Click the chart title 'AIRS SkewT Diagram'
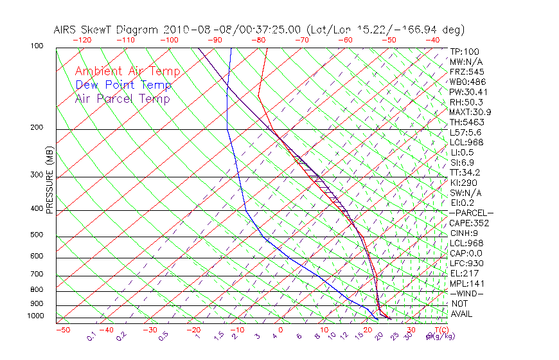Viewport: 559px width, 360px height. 107,30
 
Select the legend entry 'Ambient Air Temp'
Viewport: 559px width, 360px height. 127,72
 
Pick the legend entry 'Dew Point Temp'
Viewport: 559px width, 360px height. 123,85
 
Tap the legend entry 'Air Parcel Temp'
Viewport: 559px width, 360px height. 122,99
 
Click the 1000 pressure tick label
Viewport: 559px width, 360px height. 36,316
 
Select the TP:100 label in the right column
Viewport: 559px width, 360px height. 464,51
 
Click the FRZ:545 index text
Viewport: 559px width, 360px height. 466,71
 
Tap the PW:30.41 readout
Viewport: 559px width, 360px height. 468,92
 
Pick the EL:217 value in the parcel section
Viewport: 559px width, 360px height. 464,273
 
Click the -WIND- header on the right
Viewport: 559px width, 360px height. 466,294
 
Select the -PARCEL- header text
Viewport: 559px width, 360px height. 471,213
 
